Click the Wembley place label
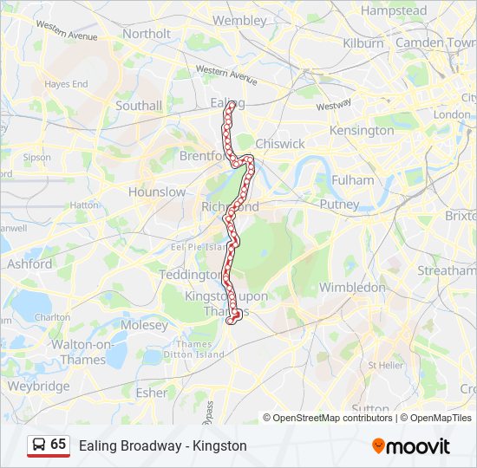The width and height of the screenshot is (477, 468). (239, 20)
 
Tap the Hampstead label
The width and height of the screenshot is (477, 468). (394, 11)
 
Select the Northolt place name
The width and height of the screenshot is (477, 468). (147, 34)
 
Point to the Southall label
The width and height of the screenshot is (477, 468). (139, 106)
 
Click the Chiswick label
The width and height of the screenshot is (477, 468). (280, 143)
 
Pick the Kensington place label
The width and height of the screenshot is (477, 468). (362, 130)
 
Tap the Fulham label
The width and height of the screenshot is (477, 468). (352, 180)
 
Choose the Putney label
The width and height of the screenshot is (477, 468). (339, 205)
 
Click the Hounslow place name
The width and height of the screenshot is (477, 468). (157, 192)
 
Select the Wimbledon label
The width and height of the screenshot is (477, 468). (352, 287)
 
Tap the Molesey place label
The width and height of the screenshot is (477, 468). (145, 325)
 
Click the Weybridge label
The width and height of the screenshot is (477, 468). (38, 386)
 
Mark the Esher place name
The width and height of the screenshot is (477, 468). (152, 393)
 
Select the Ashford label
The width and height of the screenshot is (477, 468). (29, 263)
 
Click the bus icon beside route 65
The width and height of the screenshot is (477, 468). (39, 445)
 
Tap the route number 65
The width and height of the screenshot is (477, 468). (58, 445)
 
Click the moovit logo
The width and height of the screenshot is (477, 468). (411, 446)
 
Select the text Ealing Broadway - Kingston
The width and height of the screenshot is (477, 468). (163, 445)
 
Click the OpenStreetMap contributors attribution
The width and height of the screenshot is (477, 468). (333, 418)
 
